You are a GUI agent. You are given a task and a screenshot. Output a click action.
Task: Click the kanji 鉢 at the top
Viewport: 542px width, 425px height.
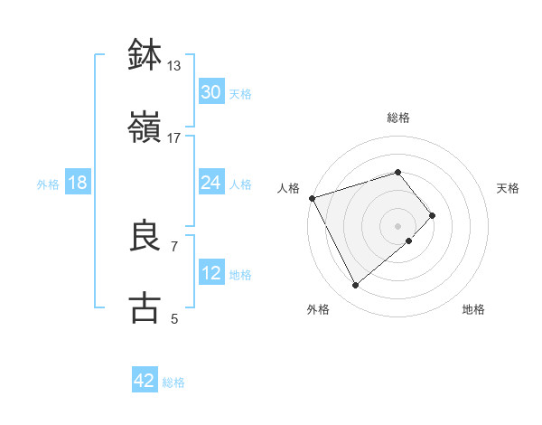point(145,54)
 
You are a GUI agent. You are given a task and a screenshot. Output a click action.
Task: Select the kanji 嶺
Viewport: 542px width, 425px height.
point(145,128)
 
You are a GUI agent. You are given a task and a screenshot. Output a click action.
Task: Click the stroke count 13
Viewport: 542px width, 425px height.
point(173,65)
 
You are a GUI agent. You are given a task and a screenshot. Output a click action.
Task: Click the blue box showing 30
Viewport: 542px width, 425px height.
point(210,92)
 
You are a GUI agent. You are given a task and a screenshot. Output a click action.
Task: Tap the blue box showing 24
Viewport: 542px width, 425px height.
point(210,183)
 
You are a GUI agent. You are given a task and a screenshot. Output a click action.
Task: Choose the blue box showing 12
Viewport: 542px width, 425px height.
point(210,273)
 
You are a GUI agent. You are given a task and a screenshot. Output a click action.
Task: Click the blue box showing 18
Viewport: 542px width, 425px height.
point(78,183)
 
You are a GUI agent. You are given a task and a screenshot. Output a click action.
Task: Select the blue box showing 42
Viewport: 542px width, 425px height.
point(145,381)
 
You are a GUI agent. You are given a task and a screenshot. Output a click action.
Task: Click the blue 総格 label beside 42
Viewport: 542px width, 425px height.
point(173,382)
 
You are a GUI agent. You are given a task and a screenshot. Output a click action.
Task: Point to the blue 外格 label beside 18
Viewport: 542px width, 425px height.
point(48,184)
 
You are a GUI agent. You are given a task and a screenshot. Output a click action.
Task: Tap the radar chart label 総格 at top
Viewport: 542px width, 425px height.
point(398,118)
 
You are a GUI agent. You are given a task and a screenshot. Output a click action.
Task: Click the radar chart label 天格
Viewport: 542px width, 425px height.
point(509,188)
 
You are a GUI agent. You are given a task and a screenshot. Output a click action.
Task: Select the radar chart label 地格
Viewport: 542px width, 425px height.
point(473,309)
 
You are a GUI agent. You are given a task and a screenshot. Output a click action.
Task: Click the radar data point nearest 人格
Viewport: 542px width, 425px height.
point(312,197)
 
